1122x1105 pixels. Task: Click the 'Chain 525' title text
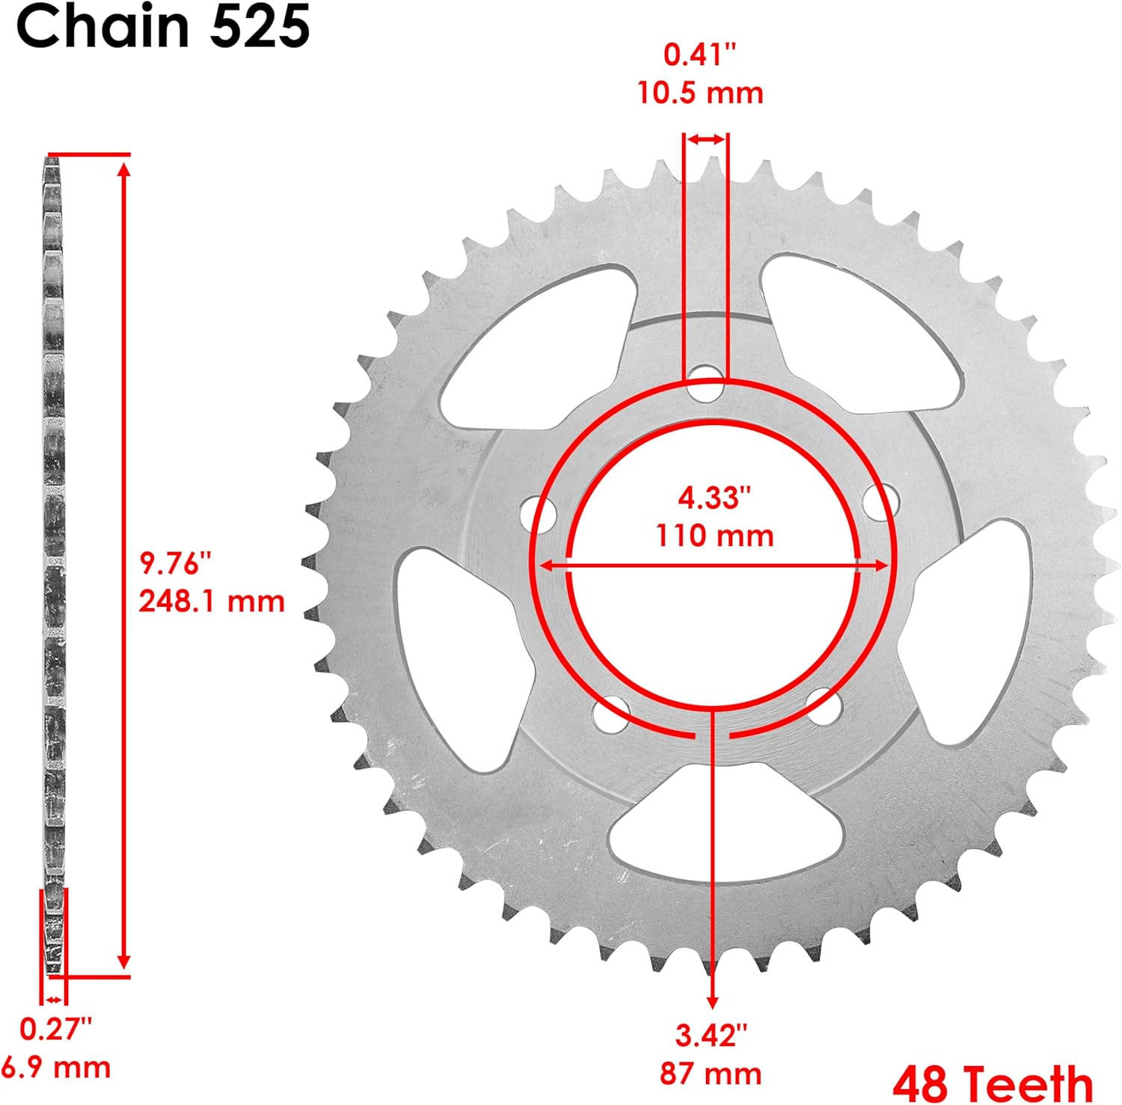[x=163, y=27]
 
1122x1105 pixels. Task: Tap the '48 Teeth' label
[x=993, y=1083]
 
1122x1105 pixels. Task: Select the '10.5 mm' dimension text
[x=700, y=93]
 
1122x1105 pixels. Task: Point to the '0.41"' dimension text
[x=700, y=55]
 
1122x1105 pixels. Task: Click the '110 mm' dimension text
[x=714, y=536]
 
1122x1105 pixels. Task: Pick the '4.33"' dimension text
[x=714, y=498]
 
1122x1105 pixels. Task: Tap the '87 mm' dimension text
[x=711, y=1074]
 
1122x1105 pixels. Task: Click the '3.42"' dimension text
[x=711, y=1035]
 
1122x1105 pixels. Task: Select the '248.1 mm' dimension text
[x=212, y=601]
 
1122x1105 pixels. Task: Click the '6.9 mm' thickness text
[x=56, y=1066]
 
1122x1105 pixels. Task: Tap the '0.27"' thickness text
[x=55, y=1029]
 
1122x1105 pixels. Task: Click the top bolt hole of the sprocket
[x=705, y=383]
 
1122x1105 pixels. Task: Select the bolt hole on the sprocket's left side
[x=539, y=513]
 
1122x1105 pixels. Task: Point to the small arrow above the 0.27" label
[x=53, y=999]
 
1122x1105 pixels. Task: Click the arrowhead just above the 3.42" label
[x=712, y=1001]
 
